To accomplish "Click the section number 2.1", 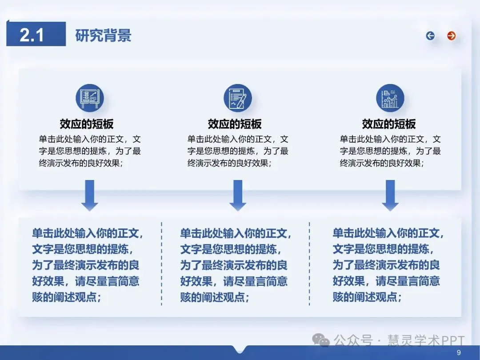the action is click(x=32, y=35).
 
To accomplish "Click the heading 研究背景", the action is click(x=103, y=36).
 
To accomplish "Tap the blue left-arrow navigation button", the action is click(x=430, y=36).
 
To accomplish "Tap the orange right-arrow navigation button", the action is click(x=452, y=36).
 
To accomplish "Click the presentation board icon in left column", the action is click(x=89, y=98).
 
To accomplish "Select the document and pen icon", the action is click(x=237, y=98).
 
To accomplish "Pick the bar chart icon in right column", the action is click(x=390, y=98).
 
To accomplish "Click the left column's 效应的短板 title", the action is click(x=87, y=124).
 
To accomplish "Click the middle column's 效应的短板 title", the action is click(x=235, y=124).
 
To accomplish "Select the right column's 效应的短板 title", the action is click(x=389, y=124).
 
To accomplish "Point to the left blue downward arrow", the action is click(x=89, y=195).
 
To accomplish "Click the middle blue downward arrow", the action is click(x=238, y=195).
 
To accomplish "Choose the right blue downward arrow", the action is click(x=390, y=195).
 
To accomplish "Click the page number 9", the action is click(x=459, y=353).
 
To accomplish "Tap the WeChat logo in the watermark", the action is click(x=321, y=340).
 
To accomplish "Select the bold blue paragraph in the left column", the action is click(x=87, y=265).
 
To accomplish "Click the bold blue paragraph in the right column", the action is click(x=388, y=265).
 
